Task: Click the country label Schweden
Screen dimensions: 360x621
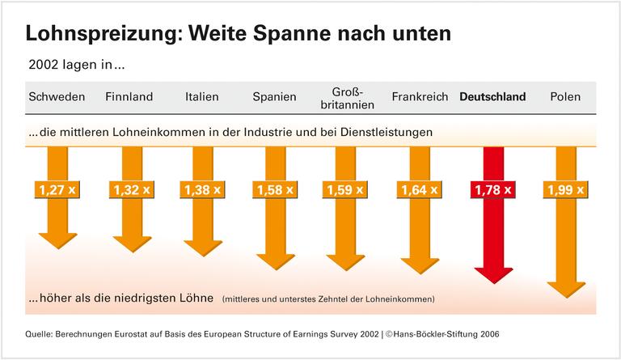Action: click(x=57, y=97)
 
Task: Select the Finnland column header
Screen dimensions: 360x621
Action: click(x=129, y=97)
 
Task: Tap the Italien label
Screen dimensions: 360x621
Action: click(x=201, y=97)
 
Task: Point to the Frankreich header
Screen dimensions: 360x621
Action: click(x=420, y=97)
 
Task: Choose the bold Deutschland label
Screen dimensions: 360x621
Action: click(x=492, y=97)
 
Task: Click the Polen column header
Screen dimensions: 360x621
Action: click(x=565, y=97)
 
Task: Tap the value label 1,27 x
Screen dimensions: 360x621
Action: click(x=57, y=191)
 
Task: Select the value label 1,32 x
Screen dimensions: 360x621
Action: click(x=129, y=191)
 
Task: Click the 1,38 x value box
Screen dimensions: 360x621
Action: click(x=202, y=191)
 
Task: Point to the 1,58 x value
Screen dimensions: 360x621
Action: click(x=275, y=191)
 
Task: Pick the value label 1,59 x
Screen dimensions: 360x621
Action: click(x=348, y=191)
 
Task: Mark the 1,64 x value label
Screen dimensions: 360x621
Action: click(x=420, y=191)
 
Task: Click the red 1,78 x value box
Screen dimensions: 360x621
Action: click(x=493, y=191)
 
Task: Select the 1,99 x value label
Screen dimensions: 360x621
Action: click(x=566, y=191)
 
